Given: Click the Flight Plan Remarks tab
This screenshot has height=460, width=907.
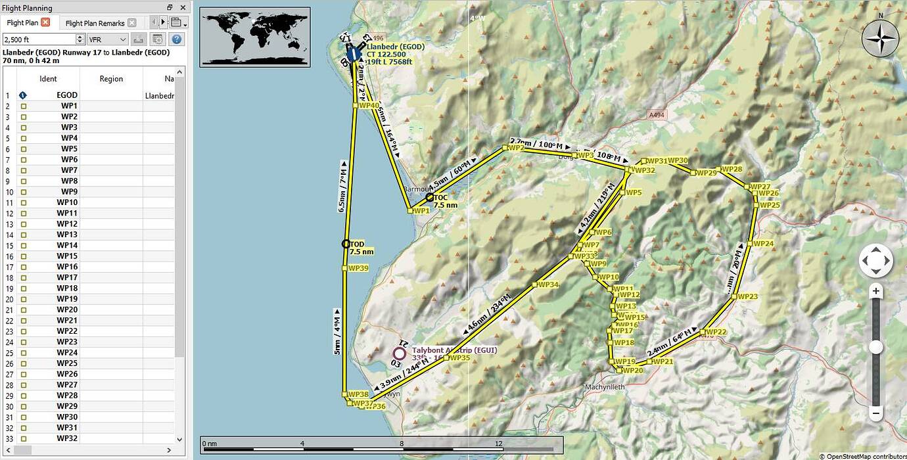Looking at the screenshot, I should click(95, 23).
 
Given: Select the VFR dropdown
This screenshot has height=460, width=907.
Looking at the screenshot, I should click(108, 39).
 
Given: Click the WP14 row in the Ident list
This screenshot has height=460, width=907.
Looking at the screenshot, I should click(67, 245).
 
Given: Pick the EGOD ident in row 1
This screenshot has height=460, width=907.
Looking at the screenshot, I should click(67, 95).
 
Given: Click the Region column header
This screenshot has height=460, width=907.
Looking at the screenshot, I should click(111, 79).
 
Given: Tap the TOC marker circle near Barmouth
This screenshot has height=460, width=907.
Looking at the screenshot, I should click(430, 197).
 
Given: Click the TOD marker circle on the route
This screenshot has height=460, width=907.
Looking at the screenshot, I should click(346, 244).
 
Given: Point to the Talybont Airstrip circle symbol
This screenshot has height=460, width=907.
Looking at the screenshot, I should click(399, 353).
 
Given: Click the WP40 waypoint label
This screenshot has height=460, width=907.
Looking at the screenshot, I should click(369, 105).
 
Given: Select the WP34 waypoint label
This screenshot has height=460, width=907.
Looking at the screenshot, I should click(547, 285).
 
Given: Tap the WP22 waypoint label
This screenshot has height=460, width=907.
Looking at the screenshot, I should click(716, 332).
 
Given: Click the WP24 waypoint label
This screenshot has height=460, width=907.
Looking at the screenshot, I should click(764, 244).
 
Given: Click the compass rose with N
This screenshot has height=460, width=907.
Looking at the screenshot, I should click(880, 38).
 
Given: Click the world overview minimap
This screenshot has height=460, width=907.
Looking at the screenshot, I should click(255, 36).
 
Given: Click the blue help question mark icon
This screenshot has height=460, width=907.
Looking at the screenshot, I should click(176, 39).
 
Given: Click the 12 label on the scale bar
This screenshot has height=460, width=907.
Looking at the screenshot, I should click(499, 443).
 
